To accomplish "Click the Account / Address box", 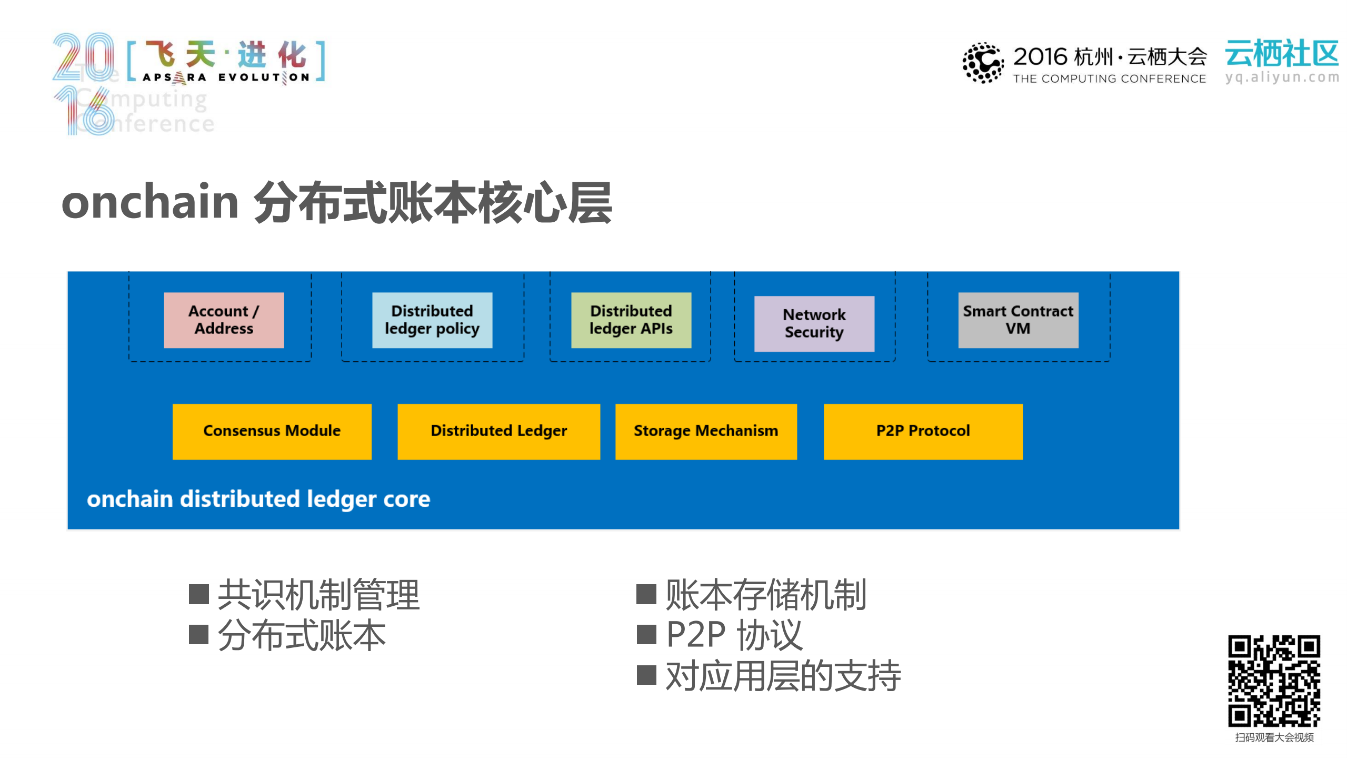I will [x=224, y=320].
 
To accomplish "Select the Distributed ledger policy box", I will [x=432, y=320].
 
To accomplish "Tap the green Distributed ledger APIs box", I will [x=631, y=320].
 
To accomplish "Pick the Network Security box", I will [x=814, y=323].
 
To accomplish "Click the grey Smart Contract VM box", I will [x=1017, y=320].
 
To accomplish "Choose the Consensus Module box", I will [x=272, y=431].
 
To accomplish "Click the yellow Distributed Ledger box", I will [x=498, y=431].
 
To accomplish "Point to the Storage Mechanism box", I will [x=705, y=431].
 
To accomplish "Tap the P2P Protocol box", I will [x=923, y=431].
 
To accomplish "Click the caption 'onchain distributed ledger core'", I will [x=258, y=499].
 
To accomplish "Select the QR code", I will [x=1274, y=681].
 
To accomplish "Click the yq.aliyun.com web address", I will [x=1282, y=77].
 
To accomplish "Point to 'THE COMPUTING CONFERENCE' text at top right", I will [x=1109, y=79].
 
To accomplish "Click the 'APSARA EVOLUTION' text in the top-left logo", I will [x=226, y=77].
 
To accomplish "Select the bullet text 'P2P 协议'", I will [x=734, y=635].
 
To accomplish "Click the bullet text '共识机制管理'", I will [x=318, y=595].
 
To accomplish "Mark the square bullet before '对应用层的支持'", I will [x=646, y=675].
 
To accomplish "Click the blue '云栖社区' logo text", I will [x=1282, y=54].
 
